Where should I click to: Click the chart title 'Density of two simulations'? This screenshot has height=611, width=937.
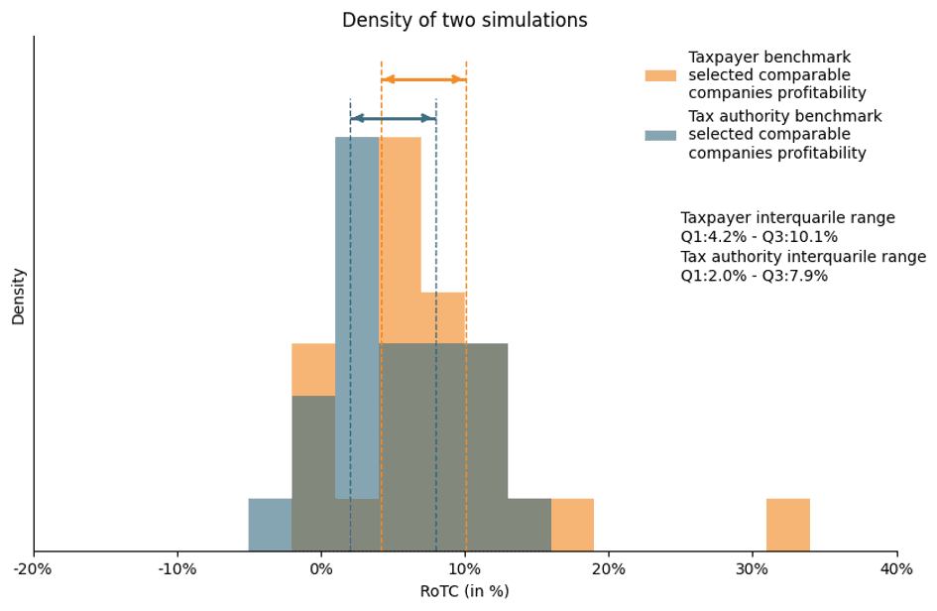464,21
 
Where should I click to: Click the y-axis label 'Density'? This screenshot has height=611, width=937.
19,296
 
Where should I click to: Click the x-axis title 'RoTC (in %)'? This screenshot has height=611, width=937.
464,591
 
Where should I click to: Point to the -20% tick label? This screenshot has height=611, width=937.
34,569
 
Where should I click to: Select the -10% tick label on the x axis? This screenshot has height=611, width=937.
177,569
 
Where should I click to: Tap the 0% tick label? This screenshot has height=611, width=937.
321,569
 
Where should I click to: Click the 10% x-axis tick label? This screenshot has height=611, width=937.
465,569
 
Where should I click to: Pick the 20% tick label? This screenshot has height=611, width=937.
609,569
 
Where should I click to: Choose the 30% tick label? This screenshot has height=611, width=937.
753,569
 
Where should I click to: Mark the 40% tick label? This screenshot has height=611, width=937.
896,569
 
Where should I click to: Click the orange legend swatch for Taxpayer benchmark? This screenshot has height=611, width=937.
660,76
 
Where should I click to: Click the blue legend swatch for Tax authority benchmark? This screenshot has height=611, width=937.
660,135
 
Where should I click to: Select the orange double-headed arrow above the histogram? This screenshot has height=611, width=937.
423,79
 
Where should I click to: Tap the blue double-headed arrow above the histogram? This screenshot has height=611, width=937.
393,118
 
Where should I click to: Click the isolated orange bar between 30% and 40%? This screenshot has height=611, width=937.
788,525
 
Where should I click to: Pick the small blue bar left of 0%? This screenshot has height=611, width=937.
270,525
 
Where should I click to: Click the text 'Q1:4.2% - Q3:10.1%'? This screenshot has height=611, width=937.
759,237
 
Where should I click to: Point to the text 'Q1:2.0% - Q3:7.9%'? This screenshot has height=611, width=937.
754,276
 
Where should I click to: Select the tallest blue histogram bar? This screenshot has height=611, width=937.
357,298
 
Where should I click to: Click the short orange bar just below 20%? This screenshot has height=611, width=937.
572,525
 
